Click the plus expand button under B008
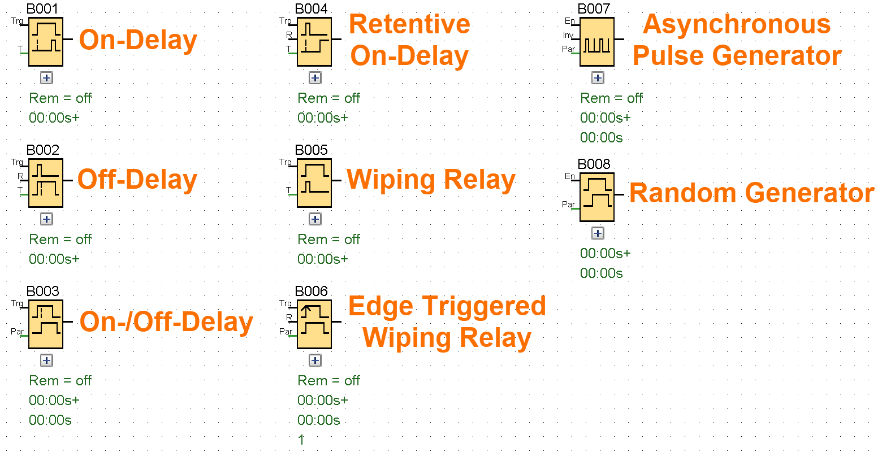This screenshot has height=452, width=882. (x=598, y=233)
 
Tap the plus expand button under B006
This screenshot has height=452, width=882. (x=315, y=360)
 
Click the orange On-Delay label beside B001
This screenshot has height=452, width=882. (x=138, y=40)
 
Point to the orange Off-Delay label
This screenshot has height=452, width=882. (x=137, y=180)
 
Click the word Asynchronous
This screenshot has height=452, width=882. (x=737, y=24)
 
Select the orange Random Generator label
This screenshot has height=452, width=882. (x=751, y=193)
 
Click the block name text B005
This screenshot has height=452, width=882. (x=311, y=150)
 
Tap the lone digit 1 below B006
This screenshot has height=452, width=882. (x=301, y=440)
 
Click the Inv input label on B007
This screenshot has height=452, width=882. (x=568, y=36)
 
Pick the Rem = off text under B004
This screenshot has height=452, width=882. (x=328, y=98)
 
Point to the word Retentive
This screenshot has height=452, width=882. (x=409, y=24)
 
